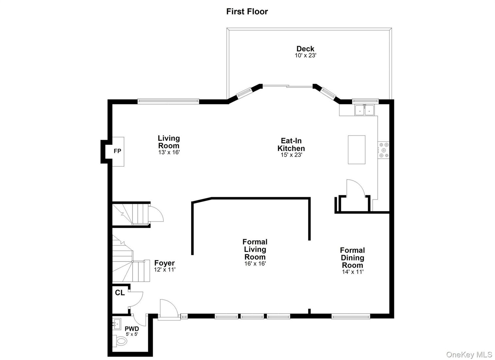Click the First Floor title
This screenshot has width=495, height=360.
coord(247,11)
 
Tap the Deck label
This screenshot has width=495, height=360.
coord(305,49)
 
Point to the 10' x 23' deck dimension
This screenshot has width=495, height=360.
coord(305,56)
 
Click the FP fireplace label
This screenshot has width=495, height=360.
coord(117,151)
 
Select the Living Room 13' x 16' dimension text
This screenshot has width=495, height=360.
coord(169,152)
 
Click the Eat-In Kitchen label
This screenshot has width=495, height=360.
coord(291,144)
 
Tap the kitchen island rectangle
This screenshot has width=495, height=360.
coord(356,150)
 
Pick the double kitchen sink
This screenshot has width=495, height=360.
coord(364,110)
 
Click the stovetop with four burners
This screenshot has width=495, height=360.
coord(383,150)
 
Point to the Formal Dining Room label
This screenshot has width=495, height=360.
coord(352,258)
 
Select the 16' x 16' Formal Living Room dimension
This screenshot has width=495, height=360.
coord(255,263)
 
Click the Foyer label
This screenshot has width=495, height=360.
coord(165,263)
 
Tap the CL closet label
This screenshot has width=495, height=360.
coord(120,293)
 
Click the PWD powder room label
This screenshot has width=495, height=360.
coord(132,329)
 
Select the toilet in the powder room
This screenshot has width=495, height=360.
coord(120,341)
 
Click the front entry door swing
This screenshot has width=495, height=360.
coord(168,309)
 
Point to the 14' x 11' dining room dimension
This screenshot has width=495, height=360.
coord(353,272)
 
